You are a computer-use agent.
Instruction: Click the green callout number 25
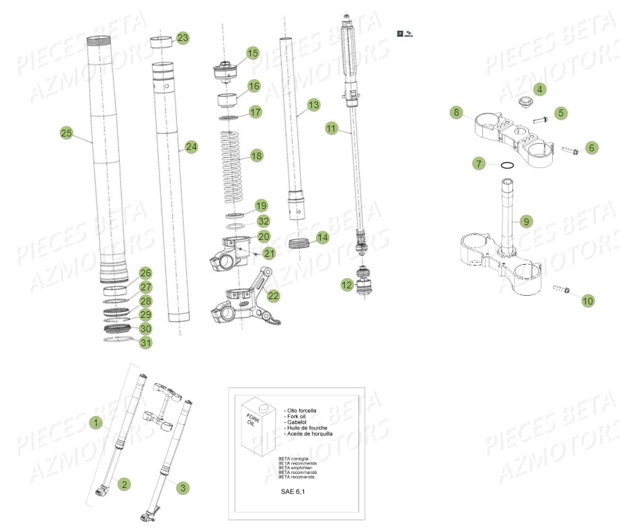66,133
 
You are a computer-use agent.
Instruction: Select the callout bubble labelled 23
183,38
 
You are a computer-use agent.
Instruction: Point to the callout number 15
252,53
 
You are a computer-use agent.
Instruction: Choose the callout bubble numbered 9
526,220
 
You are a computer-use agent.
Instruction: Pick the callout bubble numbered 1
97,423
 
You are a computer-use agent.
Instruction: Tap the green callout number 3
182,487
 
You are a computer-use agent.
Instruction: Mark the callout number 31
146,343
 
